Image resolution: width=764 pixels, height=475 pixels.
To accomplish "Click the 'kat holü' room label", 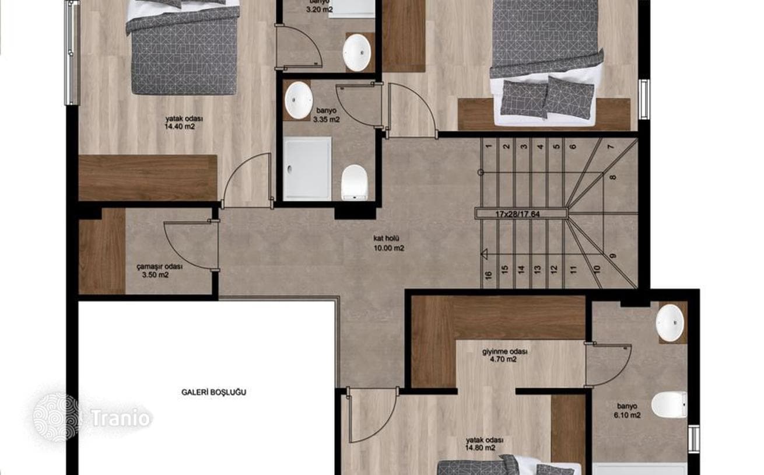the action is click(x=386, y=238).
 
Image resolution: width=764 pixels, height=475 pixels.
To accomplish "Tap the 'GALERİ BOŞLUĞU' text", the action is click(x=213, y=392).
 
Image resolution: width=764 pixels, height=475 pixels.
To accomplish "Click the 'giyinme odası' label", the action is click(x=505, y=351).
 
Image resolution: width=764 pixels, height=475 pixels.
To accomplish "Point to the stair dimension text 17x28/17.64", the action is click(x=522, y=214).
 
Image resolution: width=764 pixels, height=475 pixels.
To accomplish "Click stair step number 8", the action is click(x=613, y=177).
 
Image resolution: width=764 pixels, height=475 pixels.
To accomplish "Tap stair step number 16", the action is click(x=488, y=275).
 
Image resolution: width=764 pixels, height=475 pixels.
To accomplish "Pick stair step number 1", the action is click(x=489, y=146).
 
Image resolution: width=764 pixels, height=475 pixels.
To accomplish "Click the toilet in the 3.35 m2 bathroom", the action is click(x=355, y=182).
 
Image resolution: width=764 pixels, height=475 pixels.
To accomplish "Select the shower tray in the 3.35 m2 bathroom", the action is click(x=307, y=168).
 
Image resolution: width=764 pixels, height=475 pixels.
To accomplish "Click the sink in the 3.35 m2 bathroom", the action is click(x=299, y=100).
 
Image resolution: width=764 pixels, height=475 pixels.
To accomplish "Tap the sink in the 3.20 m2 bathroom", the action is click(x=357, y=53).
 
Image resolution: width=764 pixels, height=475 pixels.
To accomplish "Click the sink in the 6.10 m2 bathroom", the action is click(x=670, y=323).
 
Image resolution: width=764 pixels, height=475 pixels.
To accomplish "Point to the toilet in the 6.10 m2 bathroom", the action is click(x=669, y=405).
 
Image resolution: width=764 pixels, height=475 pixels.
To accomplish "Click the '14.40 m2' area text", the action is click(x=180, y=127).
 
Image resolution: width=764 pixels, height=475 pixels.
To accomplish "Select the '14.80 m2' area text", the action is click(x=480, y=448).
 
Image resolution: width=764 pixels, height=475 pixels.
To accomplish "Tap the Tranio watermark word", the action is click(x=121, y=418).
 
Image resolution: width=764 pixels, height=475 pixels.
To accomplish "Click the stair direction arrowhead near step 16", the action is click(x=484, y=254).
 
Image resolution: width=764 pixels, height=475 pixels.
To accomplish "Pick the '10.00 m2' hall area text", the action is click(x=389, y=248).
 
